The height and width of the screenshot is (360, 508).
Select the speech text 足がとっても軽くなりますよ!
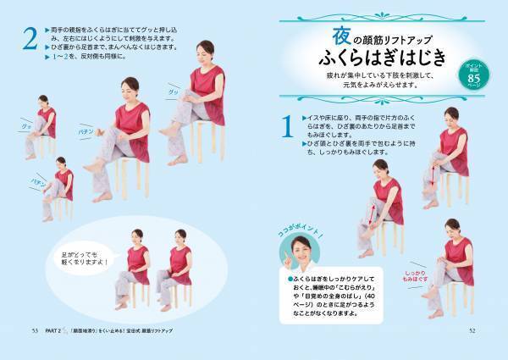[x=83, y=252]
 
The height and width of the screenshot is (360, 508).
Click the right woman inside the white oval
[x=177, y=267]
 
